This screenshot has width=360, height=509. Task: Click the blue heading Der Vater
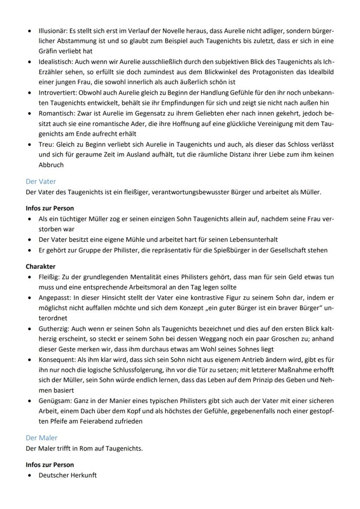(x=41, y=182)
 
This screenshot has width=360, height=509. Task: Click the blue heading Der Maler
(x=41, y=438)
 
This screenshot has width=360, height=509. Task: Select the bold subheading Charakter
(x=40, y=266)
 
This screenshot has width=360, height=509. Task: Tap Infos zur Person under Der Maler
(x=50, y=465)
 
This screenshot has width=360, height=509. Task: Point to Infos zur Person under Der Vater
(x=50, y=208)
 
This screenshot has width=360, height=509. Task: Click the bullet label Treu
(x=45, y=144)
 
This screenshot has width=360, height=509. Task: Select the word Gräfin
(x=48, y=51)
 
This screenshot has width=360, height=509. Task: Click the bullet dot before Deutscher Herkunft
(x=29, y=476)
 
